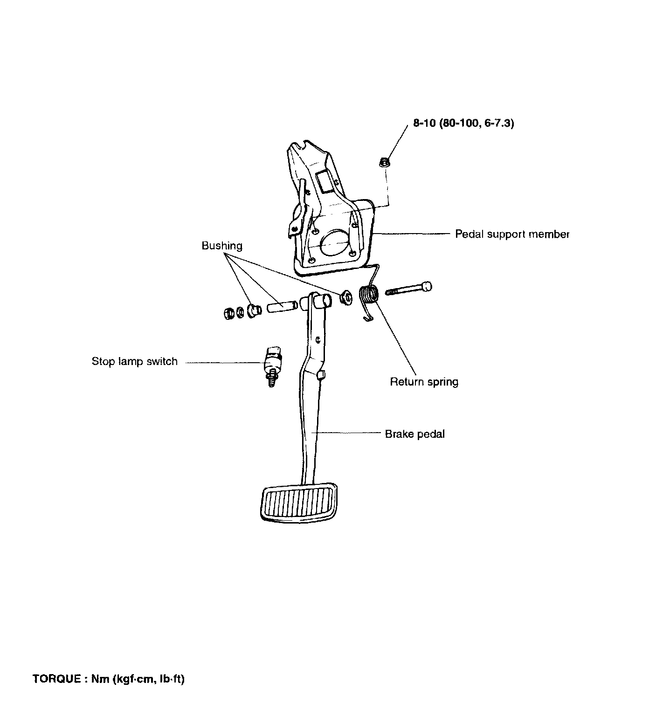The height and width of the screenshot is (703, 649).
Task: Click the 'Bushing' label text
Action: click(222, 246)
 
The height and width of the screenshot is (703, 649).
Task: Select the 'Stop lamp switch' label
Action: click(134, 362)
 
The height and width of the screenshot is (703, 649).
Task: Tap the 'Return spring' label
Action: click(424, 382)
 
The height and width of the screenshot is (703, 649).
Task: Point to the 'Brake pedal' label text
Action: click(414, 434)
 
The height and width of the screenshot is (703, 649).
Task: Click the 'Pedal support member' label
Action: click(512, 234)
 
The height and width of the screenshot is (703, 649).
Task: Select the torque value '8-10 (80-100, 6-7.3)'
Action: click(463, 124)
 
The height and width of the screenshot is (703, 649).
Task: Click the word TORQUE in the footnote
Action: click(56, 679)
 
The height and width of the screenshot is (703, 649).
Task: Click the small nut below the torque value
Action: click(385, 163)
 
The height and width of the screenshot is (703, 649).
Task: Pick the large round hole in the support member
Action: click(334, 243)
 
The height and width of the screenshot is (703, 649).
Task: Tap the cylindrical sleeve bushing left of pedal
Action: click(282, 308)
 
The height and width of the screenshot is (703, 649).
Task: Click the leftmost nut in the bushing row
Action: click(228, 312)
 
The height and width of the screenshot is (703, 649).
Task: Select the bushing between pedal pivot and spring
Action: click(346, 297)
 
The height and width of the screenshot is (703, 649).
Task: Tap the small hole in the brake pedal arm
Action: click(318, 340)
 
